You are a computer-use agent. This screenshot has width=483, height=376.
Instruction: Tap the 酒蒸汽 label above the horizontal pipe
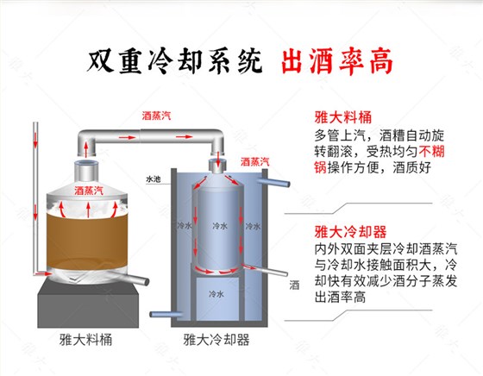158,115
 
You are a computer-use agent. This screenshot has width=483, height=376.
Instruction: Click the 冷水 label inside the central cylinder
220,226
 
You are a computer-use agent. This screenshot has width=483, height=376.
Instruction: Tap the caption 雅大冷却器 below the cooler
212,341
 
